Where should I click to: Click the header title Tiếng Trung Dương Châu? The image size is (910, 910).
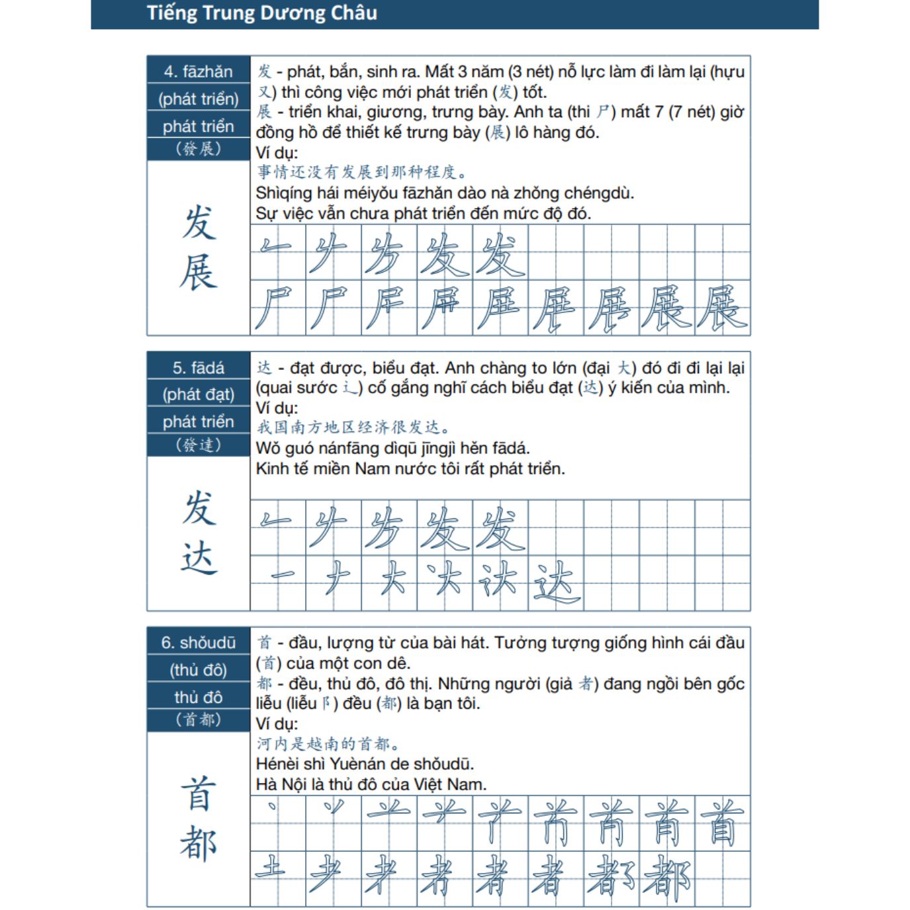pos(261,13)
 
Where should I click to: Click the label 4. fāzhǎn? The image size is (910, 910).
pos(198,71)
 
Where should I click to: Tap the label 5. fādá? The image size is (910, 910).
pos(198,367)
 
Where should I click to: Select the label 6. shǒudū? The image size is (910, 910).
pos(198,643)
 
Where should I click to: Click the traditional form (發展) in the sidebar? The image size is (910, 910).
pos(198,149)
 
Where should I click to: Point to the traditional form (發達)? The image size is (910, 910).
pos(198,445)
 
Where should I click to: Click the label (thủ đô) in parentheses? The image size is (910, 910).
pos(198,670)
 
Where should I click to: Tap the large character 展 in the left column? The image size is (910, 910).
pos(198,272)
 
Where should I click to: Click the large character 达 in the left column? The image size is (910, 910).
pos(198,557)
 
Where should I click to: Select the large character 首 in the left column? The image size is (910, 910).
pos(198,794)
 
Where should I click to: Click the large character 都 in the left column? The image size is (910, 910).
pos(198,843)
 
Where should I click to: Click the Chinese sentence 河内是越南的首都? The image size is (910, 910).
pos(327,744)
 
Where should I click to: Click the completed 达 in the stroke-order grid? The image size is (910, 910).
pos(556,582)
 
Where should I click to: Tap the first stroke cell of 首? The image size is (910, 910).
pos(278,823)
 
